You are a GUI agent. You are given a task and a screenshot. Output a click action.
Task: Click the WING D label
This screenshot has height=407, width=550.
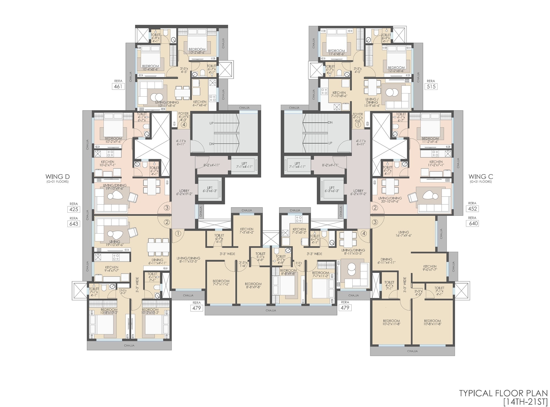[57, 177]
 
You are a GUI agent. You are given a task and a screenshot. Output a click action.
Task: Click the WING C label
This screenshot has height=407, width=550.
[481, 177]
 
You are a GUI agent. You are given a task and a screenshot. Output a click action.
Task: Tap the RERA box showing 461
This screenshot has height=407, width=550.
[118, 87]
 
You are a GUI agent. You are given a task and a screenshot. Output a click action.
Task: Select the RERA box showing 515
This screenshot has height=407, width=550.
[431, 87]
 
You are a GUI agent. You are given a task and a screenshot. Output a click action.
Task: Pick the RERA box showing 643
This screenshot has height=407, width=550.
[74, 224]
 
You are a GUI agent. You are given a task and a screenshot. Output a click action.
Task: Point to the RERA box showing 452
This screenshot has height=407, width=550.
[472, 209]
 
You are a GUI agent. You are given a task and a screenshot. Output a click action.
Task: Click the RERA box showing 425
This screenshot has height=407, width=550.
[74, 209]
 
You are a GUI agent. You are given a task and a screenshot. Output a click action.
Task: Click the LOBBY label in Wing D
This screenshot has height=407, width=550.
[184, 191]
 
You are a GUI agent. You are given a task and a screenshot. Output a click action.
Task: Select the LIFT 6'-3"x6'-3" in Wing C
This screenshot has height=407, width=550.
[332, 189]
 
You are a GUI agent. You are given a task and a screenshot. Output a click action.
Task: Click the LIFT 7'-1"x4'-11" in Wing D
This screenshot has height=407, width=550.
[244, 165]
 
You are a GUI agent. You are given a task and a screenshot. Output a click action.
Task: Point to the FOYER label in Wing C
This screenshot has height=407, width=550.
[358, 114]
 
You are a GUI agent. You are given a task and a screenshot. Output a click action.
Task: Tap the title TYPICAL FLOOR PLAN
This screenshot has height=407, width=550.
[503, 393]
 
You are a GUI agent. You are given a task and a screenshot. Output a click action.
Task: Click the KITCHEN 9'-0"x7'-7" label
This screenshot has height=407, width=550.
[430, 267]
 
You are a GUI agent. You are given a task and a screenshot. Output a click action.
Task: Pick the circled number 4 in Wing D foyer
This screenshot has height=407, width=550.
[184, 124]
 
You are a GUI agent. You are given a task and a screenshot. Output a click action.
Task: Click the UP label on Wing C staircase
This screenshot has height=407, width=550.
[330, 143]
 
